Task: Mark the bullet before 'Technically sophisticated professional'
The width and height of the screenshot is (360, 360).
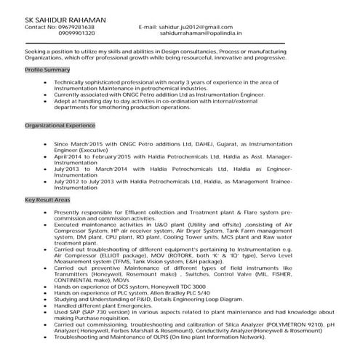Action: (x=46, y=83)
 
